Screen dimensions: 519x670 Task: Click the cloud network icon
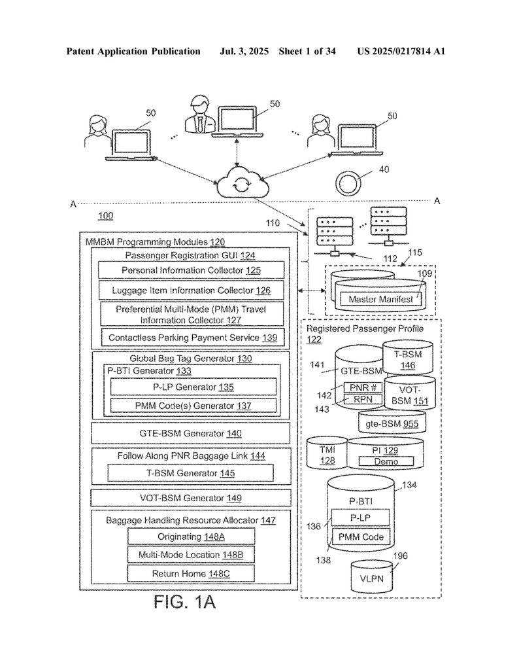pos(243,183)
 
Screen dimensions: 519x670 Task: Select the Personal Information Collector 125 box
pos(192,270)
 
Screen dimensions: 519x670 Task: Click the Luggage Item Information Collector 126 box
pos(192,290)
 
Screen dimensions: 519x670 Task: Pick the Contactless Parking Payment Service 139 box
pos(192,338)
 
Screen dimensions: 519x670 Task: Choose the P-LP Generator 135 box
pos(193,387)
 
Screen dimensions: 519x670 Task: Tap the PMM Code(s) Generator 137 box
pos(193,406)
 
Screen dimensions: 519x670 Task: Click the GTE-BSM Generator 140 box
pos(190,433)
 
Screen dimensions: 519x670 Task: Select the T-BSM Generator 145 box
pos(190,473)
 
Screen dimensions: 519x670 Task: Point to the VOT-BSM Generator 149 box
pos(191,498)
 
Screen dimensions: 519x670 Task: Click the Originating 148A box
pos(192,537)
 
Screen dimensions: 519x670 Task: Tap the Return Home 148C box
pos(191,573)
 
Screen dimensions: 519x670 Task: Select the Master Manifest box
pos(380,299)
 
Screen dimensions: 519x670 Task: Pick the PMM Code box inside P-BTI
pos(361,537)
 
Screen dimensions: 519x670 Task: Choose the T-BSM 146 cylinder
pos(408,357)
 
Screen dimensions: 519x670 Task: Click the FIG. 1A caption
pos(184,602)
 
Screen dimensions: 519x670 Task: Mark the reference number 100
pos(105,216)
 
